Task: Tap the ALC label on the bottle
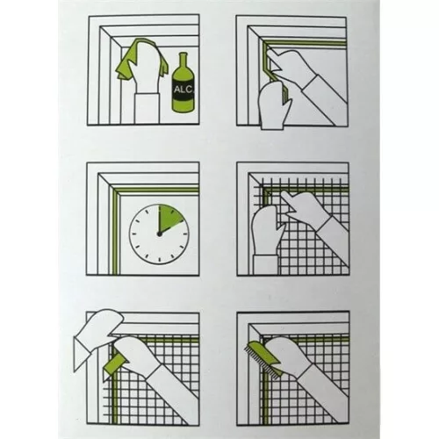(x=184, y=90)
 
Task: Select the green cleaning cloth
(x=140, y=61)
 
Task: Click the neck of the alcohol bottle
(x=184, y=60)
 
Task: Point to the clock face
(x=159, y=234)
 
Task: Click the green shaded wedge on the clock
(x=169, y=218)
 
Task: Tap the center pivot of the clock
(x=159, y=234)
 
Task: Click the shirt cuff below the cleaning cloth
(x=147, y=108)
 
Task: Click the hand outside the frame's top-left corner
(x=97, y=336)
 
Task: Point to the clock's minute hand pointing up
(x=159, y=219)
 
